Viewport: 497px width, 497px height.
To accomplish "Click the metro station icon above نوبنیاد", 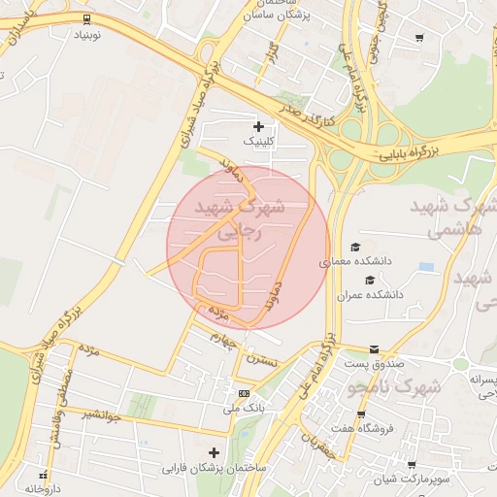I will (88, 18).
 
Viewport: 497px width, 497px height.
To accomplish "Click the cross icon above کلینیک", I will (258, 126).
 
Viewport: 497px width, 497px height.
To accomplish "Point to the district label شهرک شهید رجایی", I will (239, 219).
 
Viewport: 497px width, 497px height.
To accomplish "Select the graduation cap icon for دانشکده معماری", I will (355, 248).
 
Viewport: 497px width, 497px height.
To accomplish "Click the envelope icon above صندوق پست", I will (375, 349).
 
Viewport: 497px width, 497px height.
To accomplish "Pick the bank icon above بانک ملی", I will (244, 393).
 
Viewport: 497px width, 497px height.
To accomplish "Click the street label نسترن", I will (262, 361).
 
